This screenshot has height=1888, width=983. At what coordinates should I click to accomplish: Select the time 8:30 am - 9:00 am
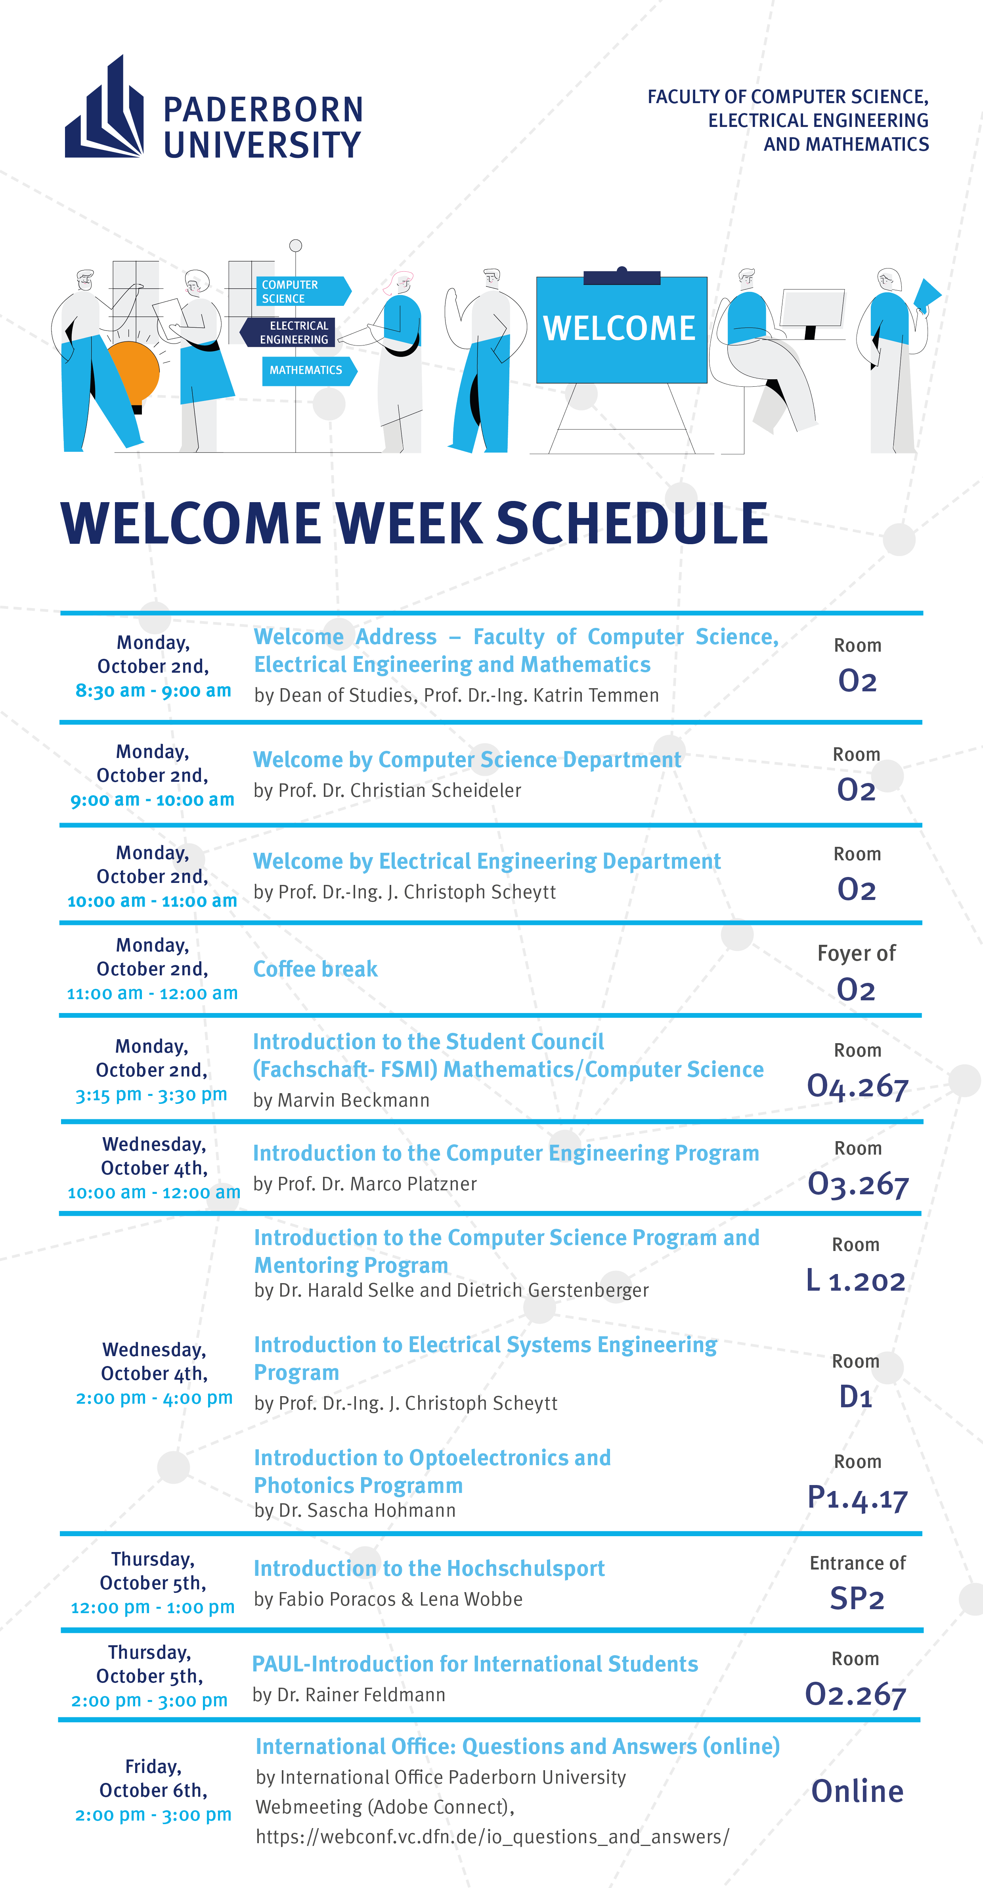(153, 691)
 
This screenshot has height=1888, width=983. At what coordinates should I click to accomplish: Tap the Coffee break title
(315, 969)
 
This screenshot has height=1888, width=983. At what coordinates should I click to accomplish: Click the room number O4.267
(857, 1086)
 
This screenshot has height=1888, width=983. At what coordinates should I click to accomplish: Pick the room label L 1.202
(855, 1280)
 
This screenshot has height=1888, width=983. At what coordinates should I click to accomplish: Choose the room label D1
(855, 1397)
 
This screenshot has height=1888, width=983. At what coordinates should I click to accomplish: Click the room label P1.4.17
(857, 1498)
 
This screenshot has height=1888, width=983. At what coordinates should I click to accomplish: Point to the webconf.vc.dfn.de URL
(492, 1837)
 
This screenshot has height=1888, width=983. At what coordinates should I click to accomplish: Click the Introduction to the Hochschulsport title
(429, 1568)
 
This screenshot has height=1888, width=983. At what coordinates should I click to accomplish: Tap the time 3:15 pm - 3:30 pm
(152, 1095)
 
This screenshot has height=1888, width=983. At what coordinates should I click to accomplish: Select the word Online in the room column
(857, 1791)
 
